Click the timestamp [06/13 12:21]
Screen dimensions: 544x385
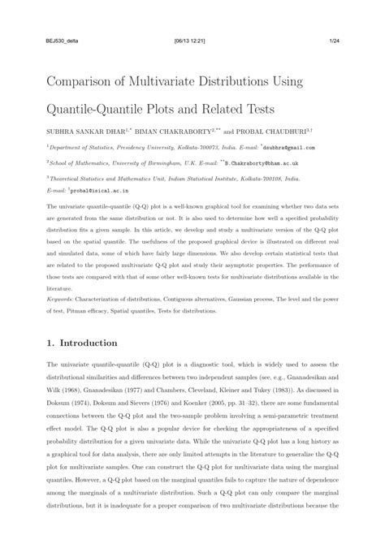[x=192, y=40]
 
